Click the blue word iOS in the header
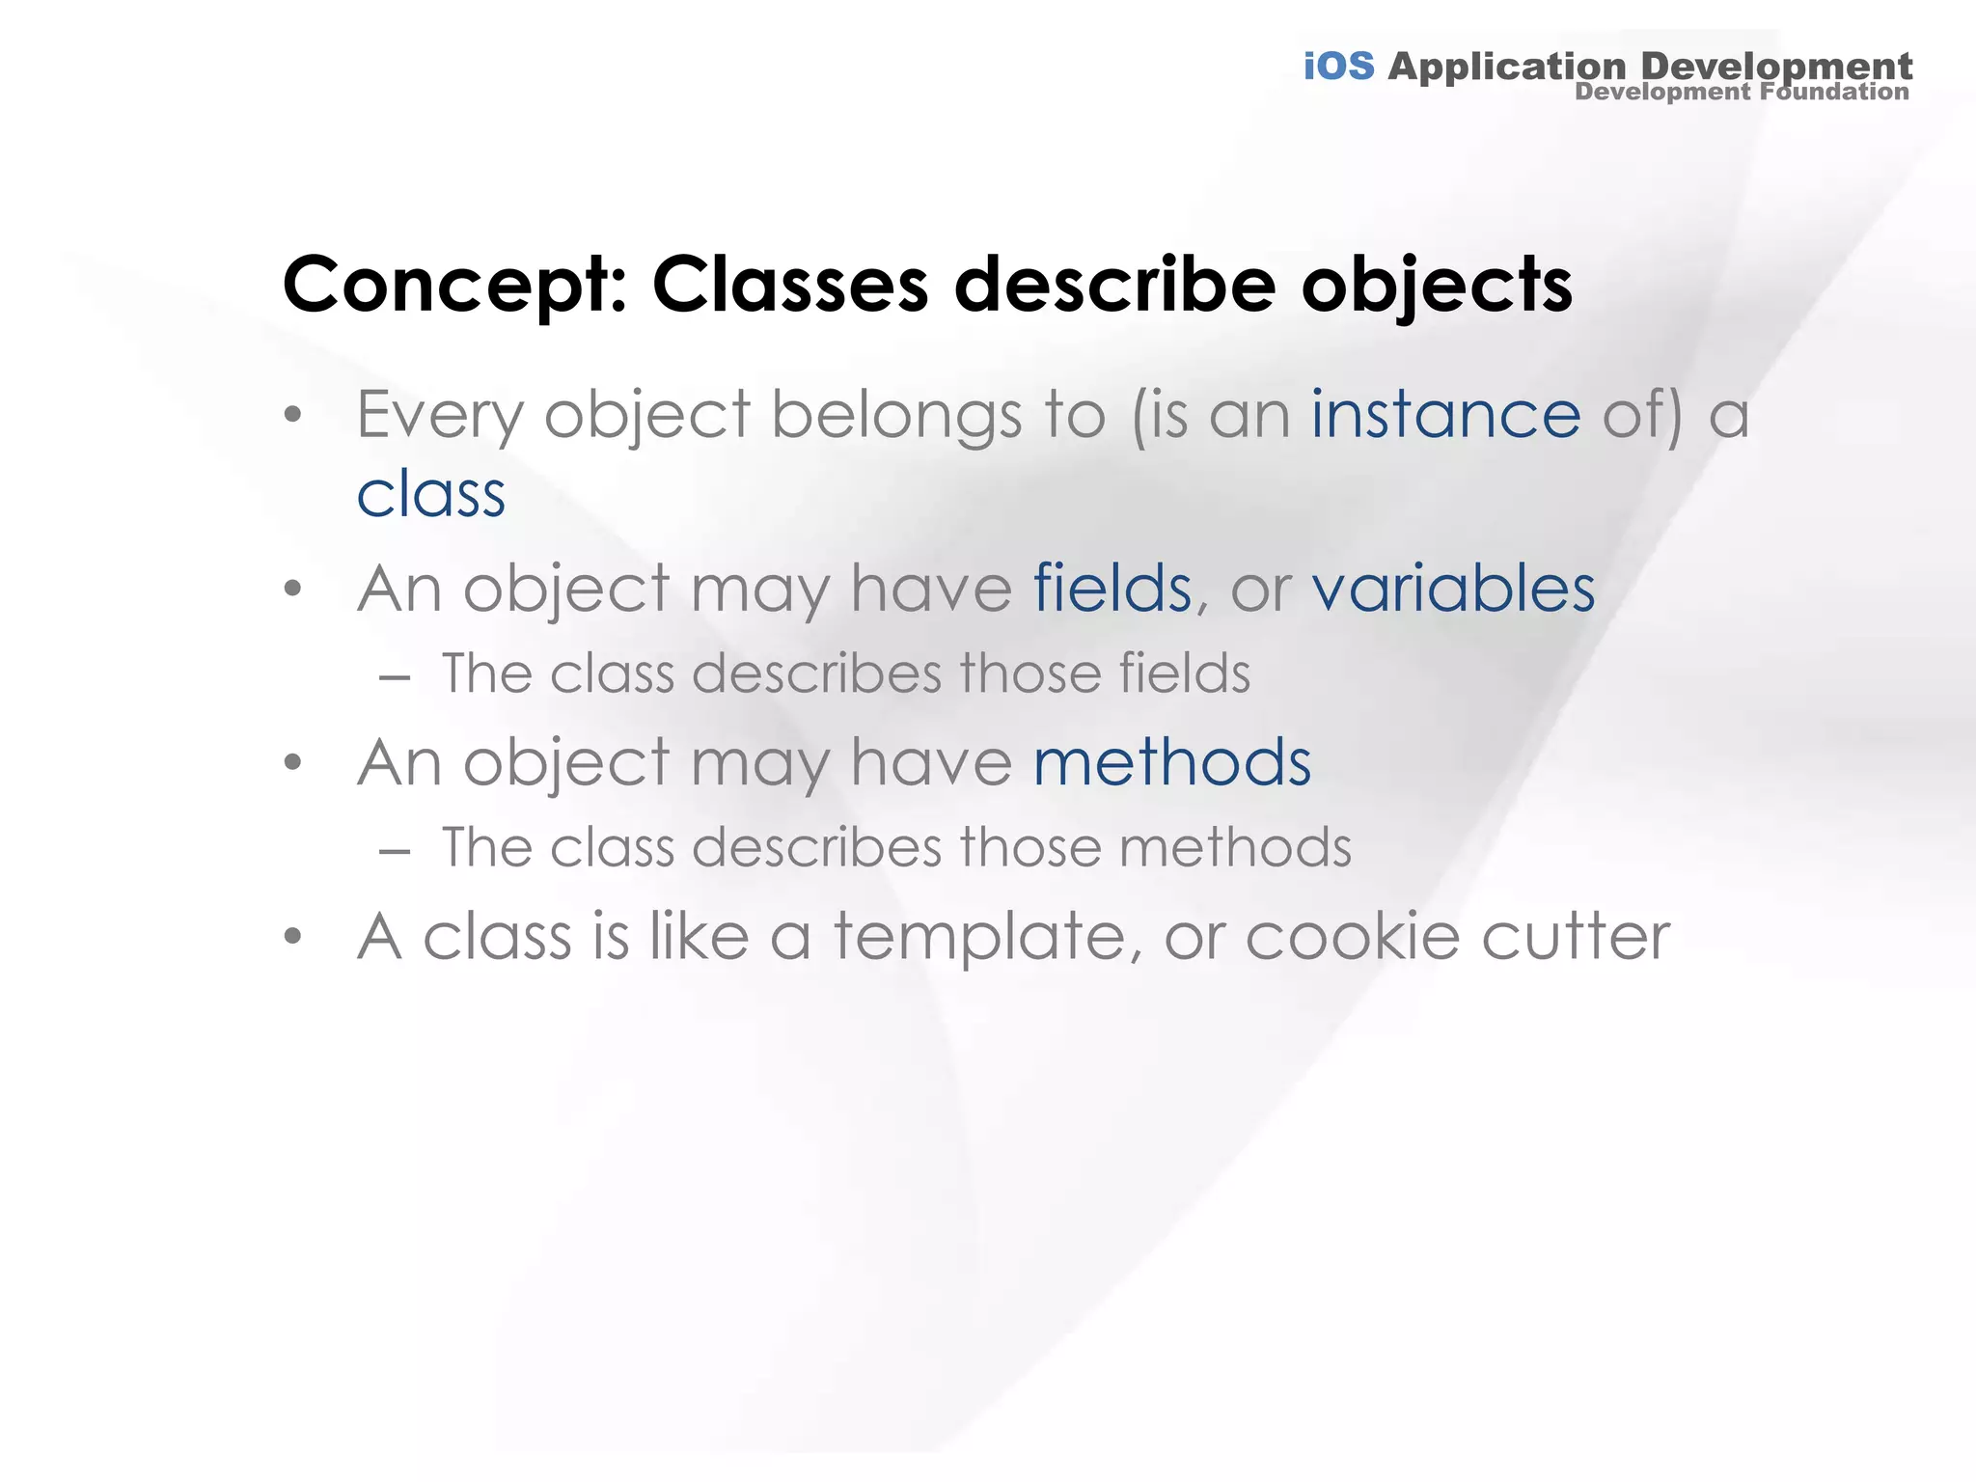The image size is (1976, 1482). click(1338, 67)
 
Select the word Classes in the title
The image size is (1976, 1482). click(789, 286)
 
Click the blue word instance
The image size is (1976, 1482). click(1445, 416)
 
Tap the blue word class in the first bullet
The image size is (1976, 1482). click(430, 495)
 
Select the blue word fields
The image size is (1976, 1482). click(1111, 589)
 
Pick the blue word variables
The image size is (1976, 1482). click(1453, 589)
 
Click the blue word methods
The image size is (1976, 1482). click(1171, 763)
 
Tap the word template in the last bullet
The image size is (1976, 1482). click(978, 938)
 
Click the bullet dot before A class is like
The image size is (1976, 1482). click(294, 935)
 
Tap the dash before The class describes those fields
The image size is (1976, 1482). click(395, 678)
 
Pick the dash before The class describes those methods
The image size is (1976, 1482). click(395, 852)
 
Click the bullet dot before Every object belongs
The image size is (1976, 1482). click(294, 416)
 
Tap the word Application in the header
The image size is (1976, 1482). click(1507, 67)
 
